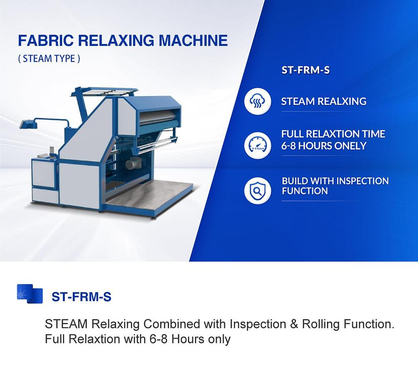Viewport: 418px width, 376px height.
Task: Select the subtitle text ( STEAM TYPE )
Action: tap(49, 58)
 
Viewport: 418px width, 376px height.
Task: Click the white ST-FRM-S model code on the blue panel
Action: tap(306, 70)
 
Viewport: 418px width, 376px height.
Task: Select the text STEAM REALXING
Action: tap(324, 102)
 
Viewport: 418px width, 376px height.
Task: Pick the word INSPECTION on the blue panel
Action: tap(362, 181)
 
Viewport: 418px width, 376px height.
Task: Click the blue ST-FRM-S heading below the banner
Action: tap(81, 297)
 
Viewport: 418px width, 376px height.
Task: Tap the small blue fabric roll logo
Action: tap(30, 294)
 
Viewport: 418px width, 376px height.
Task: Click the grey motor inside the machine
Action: tap(133, 163)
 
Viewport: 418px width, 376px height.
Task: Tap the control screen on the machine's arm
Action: tap(26, 124)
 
